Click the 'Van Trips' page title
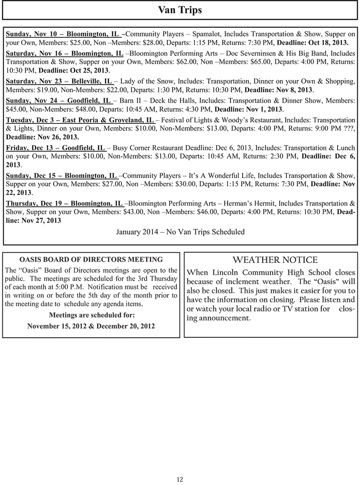180,10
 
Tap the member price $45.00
16,109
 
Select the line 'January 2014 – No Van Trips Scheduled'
180,232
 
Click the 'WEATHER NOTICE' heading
275,260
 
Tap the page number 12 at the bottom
180,479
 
